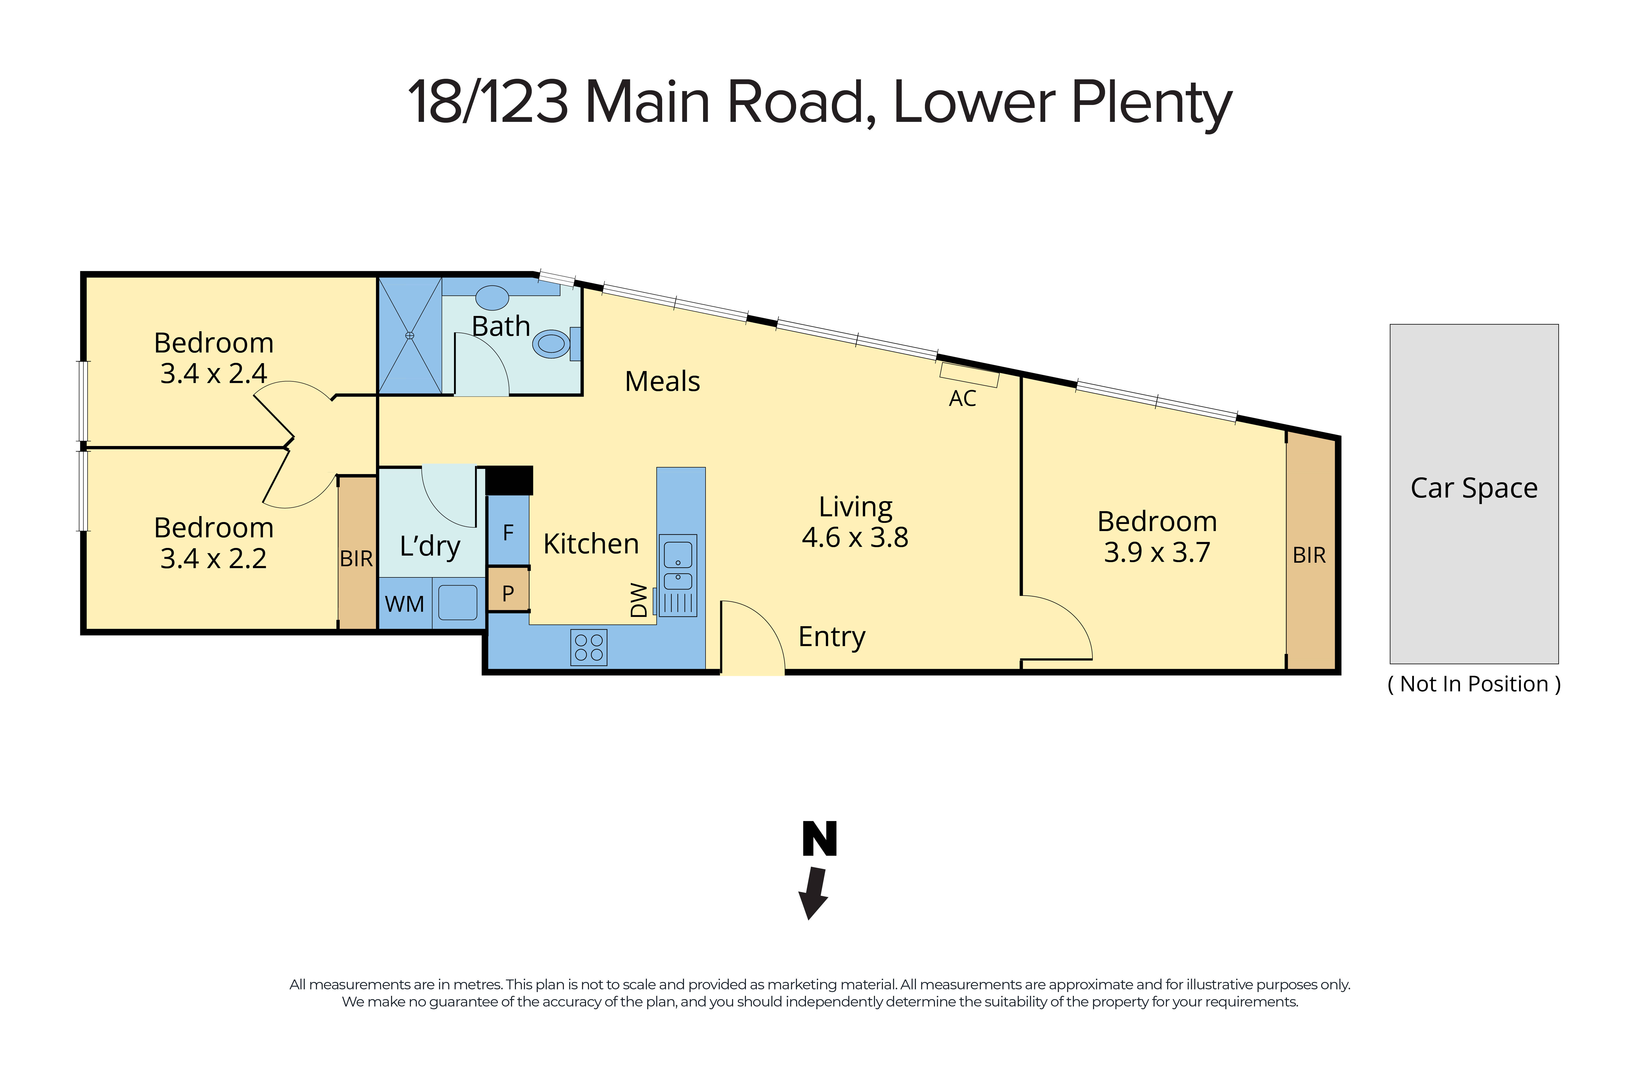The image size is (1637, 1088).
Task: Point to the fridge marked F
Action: (508, 533)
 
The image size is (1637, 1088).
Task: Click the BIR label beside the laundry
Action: (356, 559)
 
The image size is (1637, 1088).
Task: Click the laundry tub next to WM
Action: (458, 602)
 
